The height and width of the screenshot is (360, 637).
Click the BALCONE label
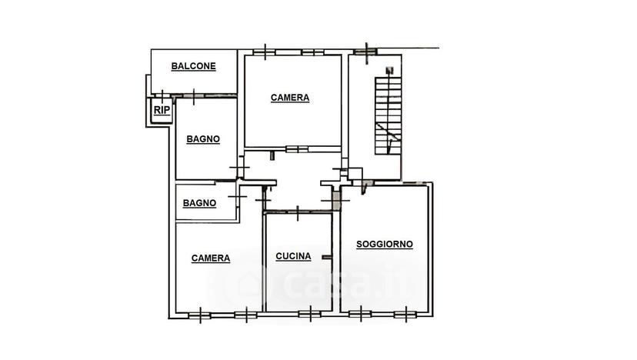point(193,66)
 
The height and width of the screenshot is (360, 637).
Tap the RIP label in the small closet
point(162,110)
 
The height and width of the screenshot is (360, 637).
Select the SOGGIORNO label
point(385,244)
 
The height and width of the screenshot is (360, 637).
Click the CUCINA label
point(293,256)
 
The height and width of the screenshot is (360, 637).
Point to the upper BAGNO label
point(203,139)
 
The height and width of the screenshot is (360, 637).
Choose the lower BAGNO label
point(199,203)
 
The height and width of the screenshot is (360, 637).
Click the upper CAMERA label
point(290,98)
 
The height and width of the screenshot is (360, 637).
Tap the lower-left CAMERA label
point(211,258)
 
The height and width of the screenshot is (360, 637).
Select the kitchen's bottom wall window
point(310,314)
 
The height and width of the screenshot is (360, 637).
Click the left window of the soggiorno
point(360,314)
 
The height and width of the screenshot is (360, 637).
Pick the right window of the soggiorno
point(405,314)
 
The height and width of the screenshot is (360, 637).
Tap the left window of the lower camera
point(200,315)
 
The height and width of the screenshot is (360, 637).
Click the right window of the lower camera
point(246,315)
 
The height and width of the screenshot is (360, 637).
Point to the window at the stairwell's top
point(365,52)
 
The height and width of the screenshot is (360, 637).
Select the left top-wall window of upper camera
point(265,52)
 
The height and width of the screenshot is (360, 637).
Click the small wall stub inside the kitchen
point(327,257)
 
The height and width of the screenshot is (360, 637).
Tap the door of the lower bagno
point(237,197)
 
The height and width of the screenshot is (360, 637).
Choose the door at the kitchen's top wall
point(298,212)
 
